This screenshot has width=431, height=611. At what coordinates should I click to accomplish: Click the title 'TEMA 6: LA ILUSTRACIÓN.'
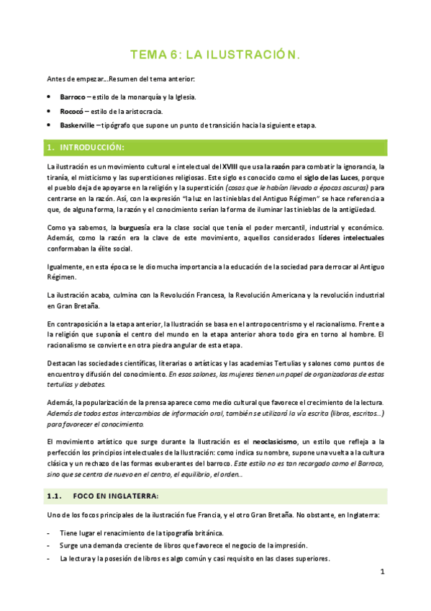(214, 55)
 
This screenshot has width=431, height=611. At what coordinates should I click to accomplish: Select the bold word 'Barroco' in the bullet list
(73, 97)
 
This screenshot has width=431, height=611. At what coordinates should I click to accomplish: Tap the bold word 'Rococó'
(72, 111)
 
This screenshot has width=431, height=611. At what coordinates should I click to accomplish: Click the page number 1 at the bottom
(383, 572)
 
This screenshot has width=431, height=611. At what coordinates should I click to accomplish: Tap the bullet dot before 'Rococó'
(48, 111)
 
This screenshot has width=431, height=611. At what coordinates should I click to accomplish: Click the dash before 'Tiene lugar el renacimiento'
(47, 533)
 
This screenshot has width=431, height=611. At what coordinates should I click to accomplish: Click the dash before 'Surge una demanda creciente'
(47, 545)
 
